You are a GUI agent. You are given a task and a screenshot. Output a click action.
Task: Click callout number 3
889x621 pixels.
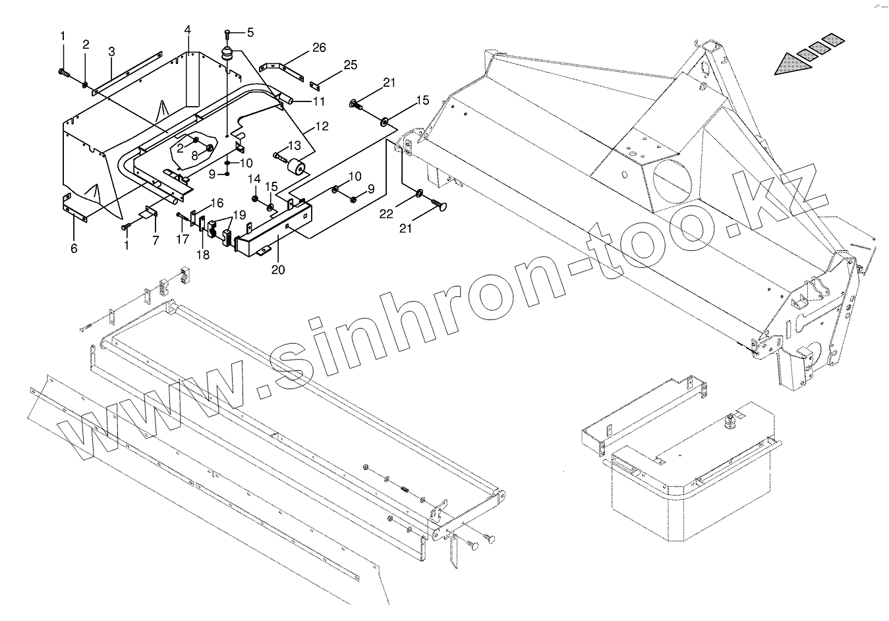pyautogui.click(x=111, y=51)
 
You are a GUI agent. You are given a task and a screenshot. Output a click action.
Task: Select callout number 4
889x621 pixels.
pyautogui.click(x=188, y=30)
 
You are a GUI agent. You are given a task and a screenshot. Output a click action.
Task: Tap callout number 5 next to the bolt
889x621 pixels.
pyautogui.click(x=250, y=32)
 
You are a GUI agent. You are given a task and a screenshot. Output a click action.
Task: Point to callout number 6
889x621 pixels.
pyautogui.click(x=74, y=248)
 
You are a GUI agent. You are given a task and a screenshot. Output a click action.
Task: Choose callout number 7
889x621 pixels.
pyautogui.click(x=156, y=240)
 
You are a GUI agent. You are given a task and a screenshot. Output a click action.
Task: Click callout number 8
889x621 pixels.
pyautogui.click(x=195, y=156)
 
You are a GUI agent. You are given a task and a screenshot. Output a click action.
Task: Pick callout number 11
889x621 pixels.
pyautogui.click(x=319, y=101)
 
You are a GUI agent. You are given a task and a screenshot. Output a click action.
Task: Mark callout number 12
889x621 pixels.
pyautogui.click(x=321, y=126)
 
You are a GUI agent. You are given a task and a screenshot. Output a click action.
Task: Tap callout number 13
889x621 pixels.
pyautogui.click(x=294, y=145)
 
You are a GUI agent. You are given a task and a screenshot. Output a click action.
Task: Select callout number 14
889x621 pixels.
pyautogui.click(x=254, y=179)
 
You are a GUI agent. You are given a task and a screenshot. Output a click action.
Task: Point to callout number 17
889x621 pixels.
pyautogui.click(x=183, y=240)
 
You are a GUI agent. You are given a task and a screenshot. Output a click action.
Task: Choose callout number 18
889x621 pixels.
pyautogui.click(x=202, y=255)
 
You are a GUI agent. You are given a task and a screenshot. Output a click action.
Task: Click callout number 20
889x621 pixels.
pyautogui.click(x=278, y=269)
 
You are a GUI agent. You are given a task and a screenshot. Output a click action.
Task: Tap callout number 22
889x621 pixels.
pyautogui.click(x=387, y=213)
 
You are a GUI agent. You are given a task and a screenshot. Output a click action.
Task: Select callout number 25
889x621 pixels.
pyautogui.click(x=350, y=65)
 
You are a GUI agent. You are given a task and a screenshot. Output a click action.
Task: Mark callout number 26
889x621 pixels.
pyautogui.click(x=319, y=47)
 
